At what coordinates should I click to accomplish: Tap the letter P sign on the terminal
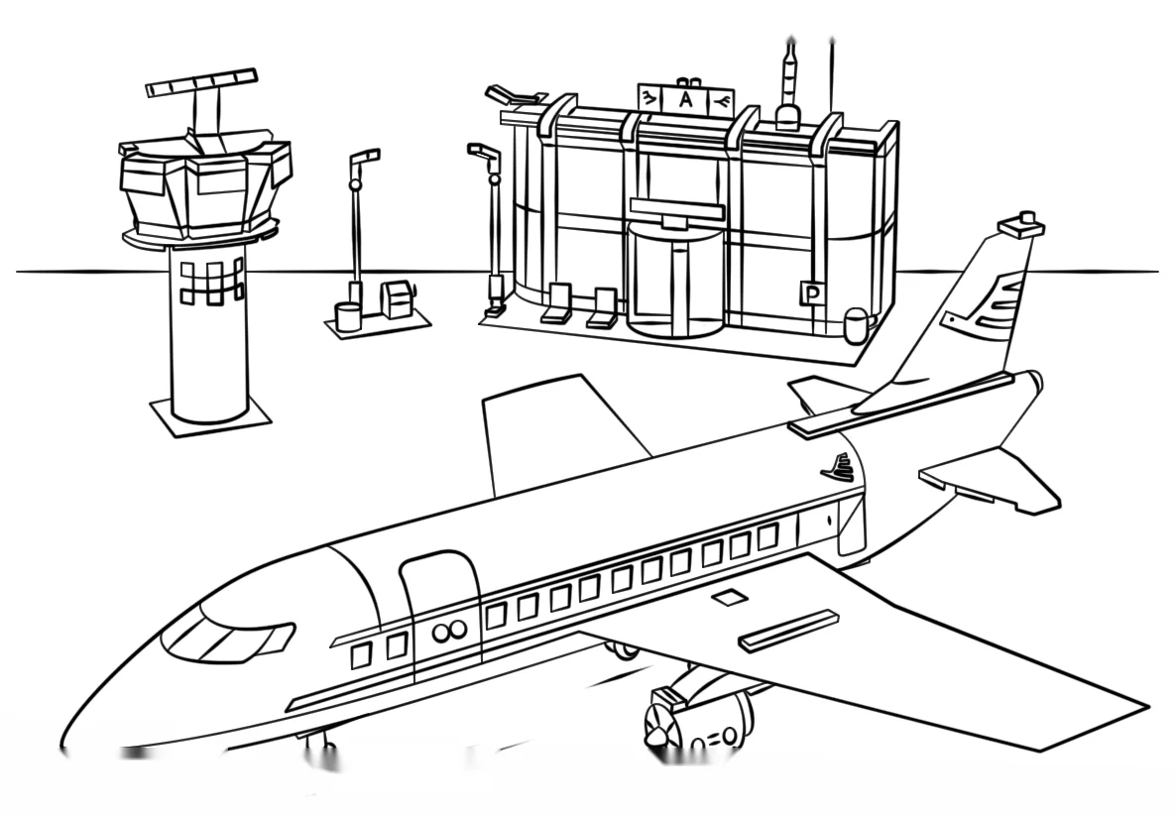[x=811, y=294]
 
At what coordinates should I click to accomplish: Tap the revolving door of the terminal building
[x=674, y=278]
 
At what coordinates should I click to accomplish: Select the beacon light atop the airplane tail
[x=1020, y=223]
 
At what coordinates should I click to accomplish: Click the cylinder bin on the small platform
[x=347, y=316]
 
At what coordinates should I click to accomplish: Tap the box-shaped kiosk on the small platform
[x=396, y=299]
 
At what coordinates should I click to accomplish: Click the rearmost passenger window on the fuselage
[x=767, y=535]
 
